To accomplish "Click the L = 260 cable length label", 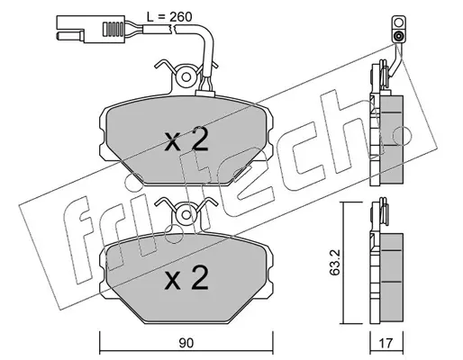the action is (169, 17).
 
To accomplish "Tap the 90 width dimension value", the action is (186, 343).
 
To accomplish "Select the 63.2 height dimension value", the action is (334, 263).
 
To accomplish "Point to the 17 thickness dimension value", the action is (386, 343).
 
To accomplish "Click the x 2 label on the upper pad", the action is (186, 139).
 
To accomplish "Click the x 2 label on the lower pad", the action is (186, 278).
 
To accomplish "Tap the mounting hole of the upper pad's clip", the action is (186, 77).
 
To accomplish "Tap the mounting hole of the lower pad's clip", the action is (186, 215).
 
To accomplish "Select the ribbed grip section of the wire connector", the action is (113, 28).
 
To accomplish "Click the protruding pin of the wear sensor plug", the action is (69, 36).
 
